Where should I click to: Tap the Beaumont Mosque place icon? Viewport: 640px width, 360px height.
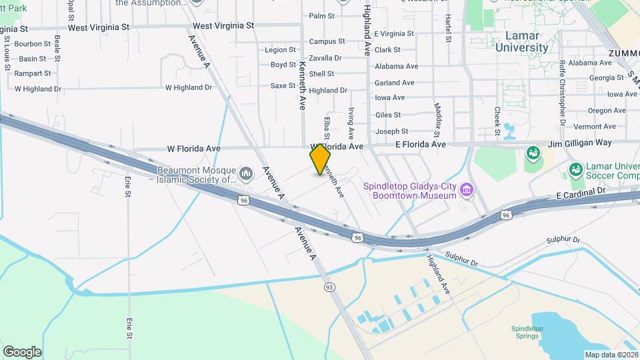point(246,174)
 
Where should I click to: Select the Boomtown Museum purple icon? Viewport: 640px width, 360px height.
point(467,191)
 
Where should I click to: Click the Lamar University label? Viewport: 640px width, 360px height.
point(517,41)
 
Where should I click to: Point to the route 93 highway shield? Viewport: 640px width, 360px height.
point(329,287)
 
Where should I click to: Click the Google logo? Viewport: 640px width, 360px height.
point(22,351)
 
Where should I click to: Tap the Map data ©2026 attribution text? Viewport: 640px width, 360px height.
point(611,355)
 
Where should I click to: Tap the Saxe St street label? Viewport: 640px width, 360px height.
point(283,85)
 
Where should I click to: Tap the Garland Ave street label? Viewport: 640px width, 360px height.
point(394,83)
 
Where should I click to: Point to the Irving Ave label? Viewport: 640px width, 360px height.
point(351,122)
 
